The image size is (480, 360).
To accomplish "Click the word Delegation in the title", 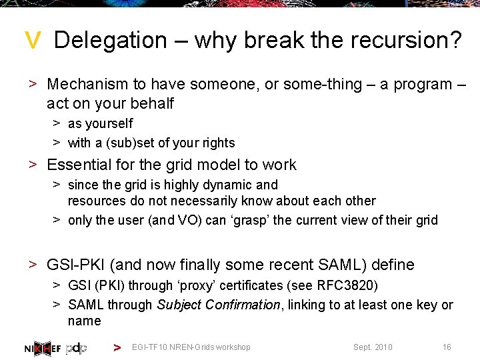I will pyautogui.click(x=111, y=40).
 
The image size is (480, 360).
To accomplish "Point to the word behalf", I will pyautogui.click(x=153, y=103).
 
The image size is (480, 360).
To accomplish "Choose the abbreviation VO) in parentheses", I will pyautogui.click(x=189, y=220).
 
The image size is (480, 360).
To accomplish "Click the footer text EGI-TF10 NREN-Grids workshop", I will pyautogui.click(x=191, y=347).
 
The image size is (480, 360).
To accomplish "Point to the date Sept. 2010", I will pyautogui.click(x=373, y=347).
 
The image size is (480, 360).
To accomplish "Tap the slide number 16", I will pyautogui.click(x=447, y=347).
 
